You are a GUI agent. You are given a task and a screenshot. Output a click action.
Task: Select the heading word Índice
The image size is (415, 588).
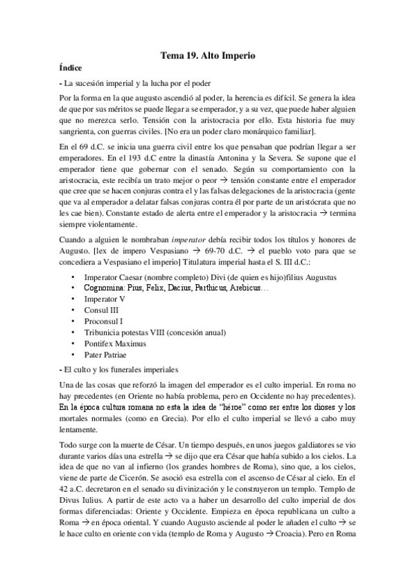pos(71,68)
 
